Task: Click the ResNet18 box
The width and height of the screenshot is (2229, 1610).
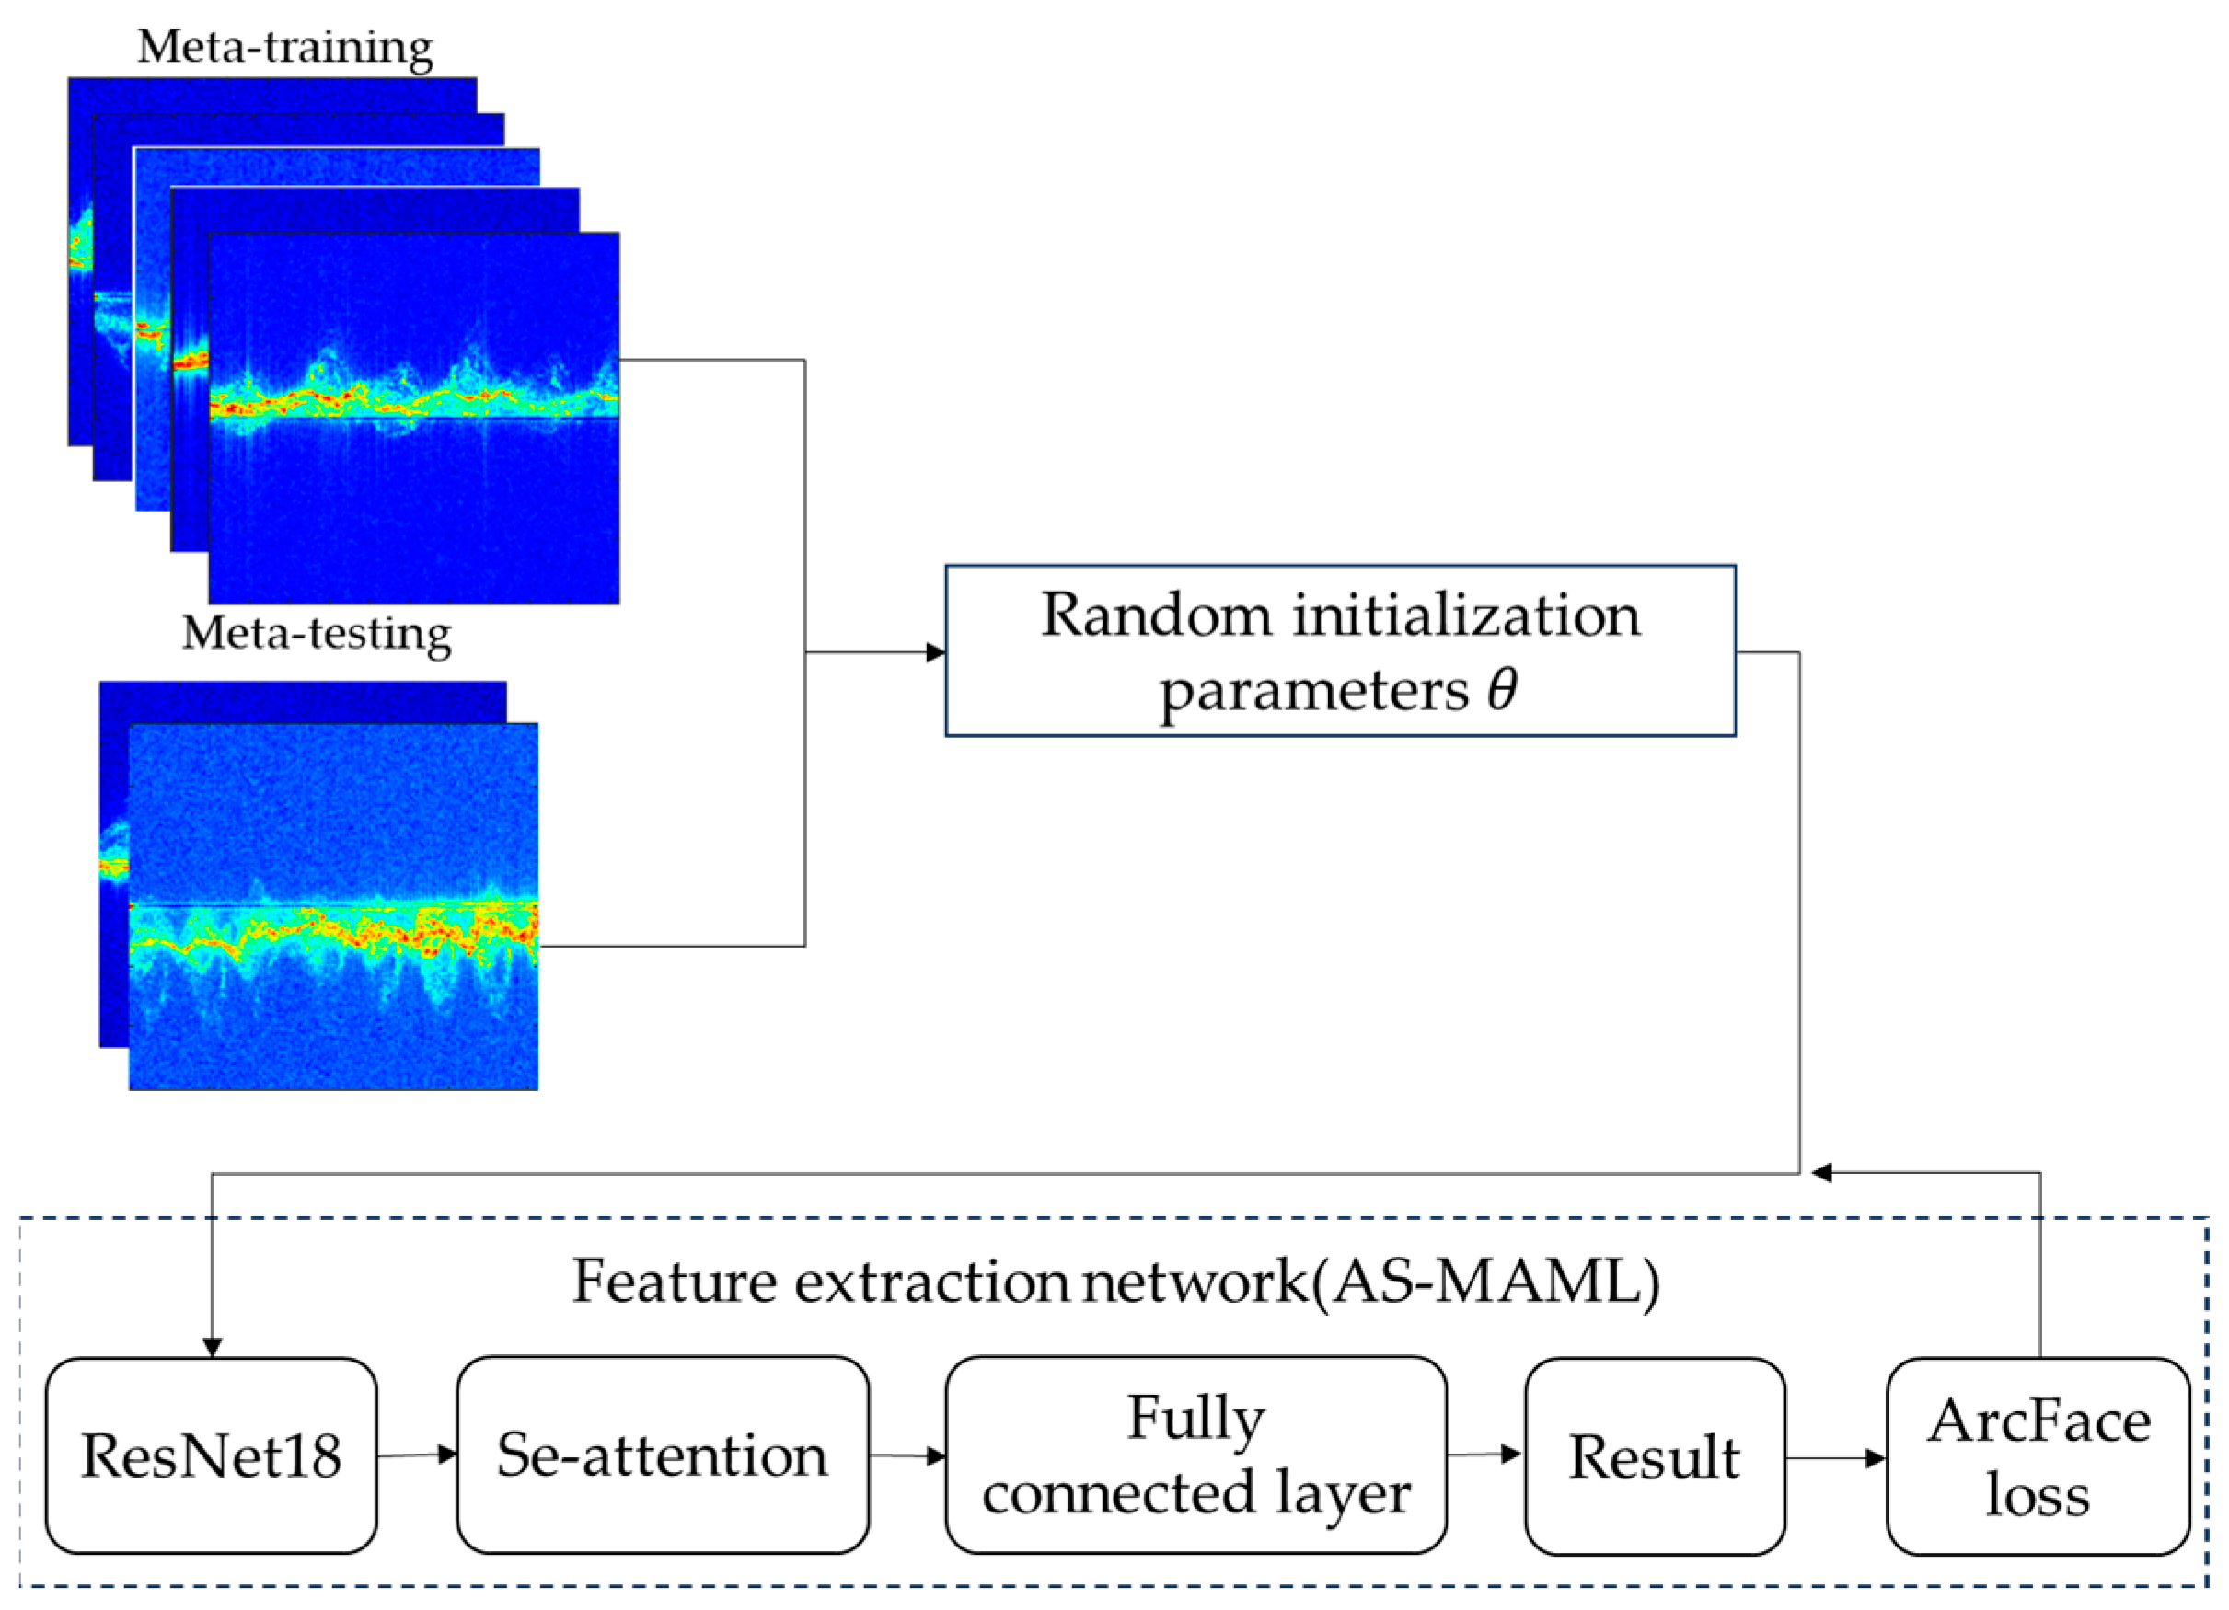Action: coord(212,1455)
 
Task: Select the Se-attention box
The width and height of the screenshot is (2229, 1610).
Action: coord(663,1455)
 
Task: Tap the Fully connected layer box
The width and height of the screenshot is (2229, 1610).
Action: coord(1196,1455)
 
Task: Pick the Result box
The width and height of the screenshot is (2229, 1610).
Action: coord(1654,1456)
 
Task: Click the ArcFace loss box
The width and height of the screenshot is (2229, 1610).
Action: coord(2038,1456)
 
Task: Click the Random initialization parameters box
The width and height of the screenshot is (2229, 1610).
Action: coord(1341,651)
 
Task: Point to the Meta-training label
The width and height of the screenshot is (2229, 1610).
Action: coord(285,47)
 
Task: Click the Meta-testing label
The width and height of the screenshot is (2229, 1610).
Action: coord(317,634)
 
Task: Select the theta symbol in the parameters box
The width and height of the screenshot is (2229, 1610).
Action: coord(1501,690)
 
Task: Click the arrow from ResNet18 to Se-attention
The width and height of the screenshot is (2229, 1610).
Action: coord(418,1455)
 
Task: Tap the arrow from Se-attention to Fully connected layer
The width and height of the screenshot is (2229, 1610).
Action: coord(907,1455)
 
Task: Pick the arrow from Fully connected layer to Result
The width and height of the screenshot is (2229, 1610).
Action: coord(1484,1455)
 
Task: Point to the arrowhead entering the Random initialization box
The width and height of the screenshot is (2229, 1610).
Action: coord(936,652)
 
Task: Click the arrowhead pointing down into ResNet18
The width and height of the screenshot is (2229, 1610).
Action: coord(213,1347)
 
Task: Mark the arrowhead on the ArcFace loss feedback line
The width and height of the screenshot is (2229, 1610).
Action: coord(1821,1173)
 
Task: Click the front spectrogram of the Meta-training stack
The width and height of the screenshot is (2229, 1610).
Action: coord(414,419)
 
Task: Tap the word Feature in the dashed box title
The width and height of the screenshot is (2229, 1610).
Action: coord(676,1282)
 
